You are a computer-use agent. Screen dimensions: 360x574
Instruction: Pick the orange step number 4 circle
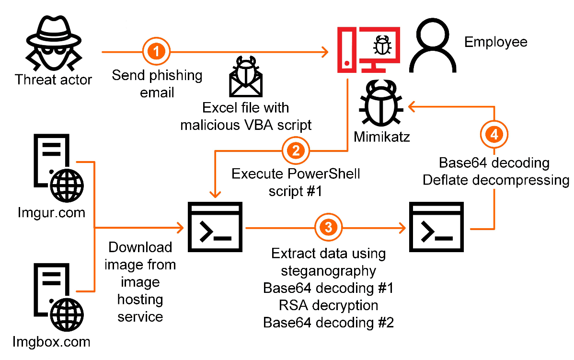(494, 135)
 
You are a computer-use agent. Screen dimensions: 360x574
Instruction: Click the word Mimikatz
(382, 137)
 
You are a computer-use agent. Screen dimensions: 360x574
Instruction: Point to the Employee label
(495, 42)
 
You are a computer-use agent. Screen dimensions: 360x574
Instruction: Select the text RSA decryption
(328, 305)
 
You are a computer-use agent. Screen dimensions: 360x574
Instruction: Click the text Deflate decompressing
(496, 180)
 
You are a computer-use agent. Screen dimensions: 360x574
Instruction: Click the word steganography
(328, 271)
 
